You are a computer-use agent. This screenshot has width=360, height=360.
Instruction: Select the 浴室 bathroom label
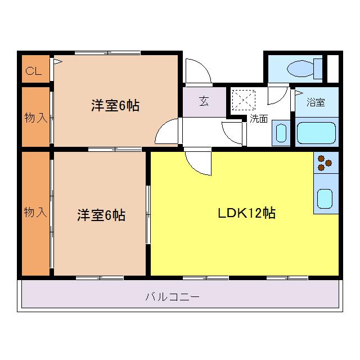[316, 102]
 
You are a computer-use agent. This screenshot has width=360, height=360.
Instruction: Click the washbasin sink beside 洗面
[280, 133]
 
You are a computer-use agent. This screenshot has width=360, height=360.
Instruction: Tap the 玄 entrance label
[204, 102]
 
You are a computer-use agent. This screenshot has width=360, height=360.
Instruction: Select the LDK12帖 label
[246, 214]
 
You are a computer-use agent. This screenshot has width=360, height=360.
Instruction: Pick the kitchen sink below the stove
[326, 198]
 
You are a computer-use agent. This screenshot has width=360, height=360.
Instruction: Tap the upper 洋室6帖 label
[115, 105]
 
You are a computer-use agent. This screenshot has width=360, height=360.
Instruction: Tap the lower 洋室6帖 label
[101, 215]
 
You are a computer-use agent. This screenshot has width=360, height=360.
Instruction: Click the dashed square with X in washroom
[244, 101]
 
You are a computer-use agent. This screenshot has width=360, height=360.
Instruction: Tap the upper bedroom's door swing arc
[167, 134]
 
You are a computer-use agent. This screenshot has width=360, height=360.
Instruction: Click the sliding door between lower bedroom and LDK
[148, 214]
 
